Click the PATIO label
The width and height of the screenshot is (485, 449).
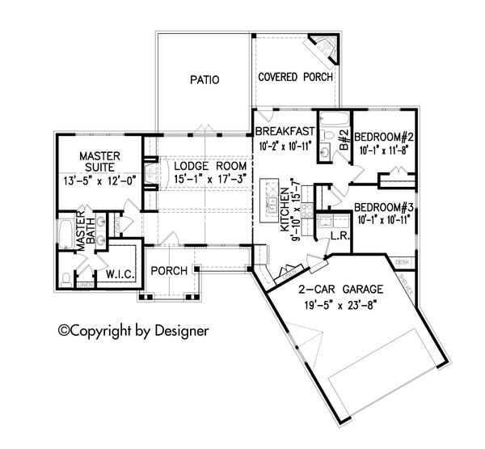205,80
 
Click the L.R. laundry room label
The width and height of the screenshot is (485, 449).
339,235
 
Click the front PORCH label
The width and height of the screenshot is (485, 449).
170,270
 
